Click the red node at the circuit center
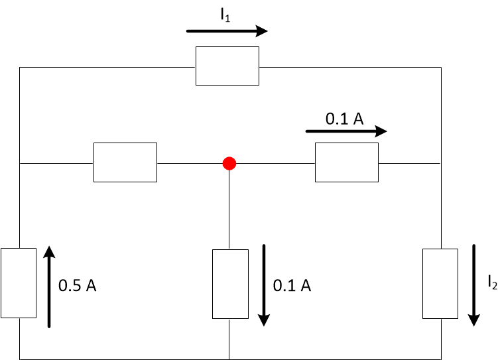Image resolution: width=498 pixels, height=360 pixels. pos(229,162)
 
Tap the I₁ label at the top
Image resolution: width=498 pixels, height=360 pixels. pos(227,16)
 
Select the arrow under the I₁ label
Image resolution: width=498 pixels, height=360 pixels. pos(227,31)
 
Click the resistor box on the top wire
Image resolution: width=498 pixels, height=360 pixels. pos(227,66)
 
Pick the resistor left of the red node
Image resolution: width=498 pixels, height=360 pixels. pos(125,162)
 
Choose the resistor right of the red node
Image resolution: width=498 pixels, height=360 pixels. pos(346,162)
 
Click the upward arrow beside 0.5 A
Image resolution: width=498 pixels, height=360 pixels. pos(49,286)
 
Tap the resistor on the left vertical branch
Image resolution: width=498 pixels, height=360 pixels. pos(18,283)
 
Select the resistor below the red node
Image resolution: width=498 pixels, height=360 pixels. pos(229,284)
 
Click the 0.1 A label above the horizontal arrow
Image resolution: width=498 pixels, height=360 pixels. pos(344,119)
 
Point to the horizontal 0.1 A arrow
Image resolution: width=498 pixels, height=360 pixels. pos(345,131)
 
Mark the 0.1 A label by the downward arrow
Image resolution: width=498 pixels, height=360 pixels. pos(292,286)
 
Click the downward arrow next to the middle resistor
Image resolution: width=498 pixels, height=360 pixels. pos(264,285)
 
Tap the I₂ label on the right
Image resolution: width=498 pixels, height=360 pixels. pos(491,283)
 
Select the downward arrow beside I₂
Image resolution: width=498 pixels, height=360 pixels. pos(474,285)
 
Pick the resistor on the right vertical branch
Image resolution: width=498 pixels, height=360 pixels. pos(440,284)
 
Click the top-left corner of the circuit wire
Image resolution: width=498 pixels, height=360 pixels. pos(20,67)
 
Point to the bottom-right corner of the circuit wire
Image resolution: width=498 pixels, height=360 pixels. pos(440,359)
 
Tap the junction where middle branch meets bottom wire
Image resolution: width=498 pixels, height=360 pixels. pos(229,359)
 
